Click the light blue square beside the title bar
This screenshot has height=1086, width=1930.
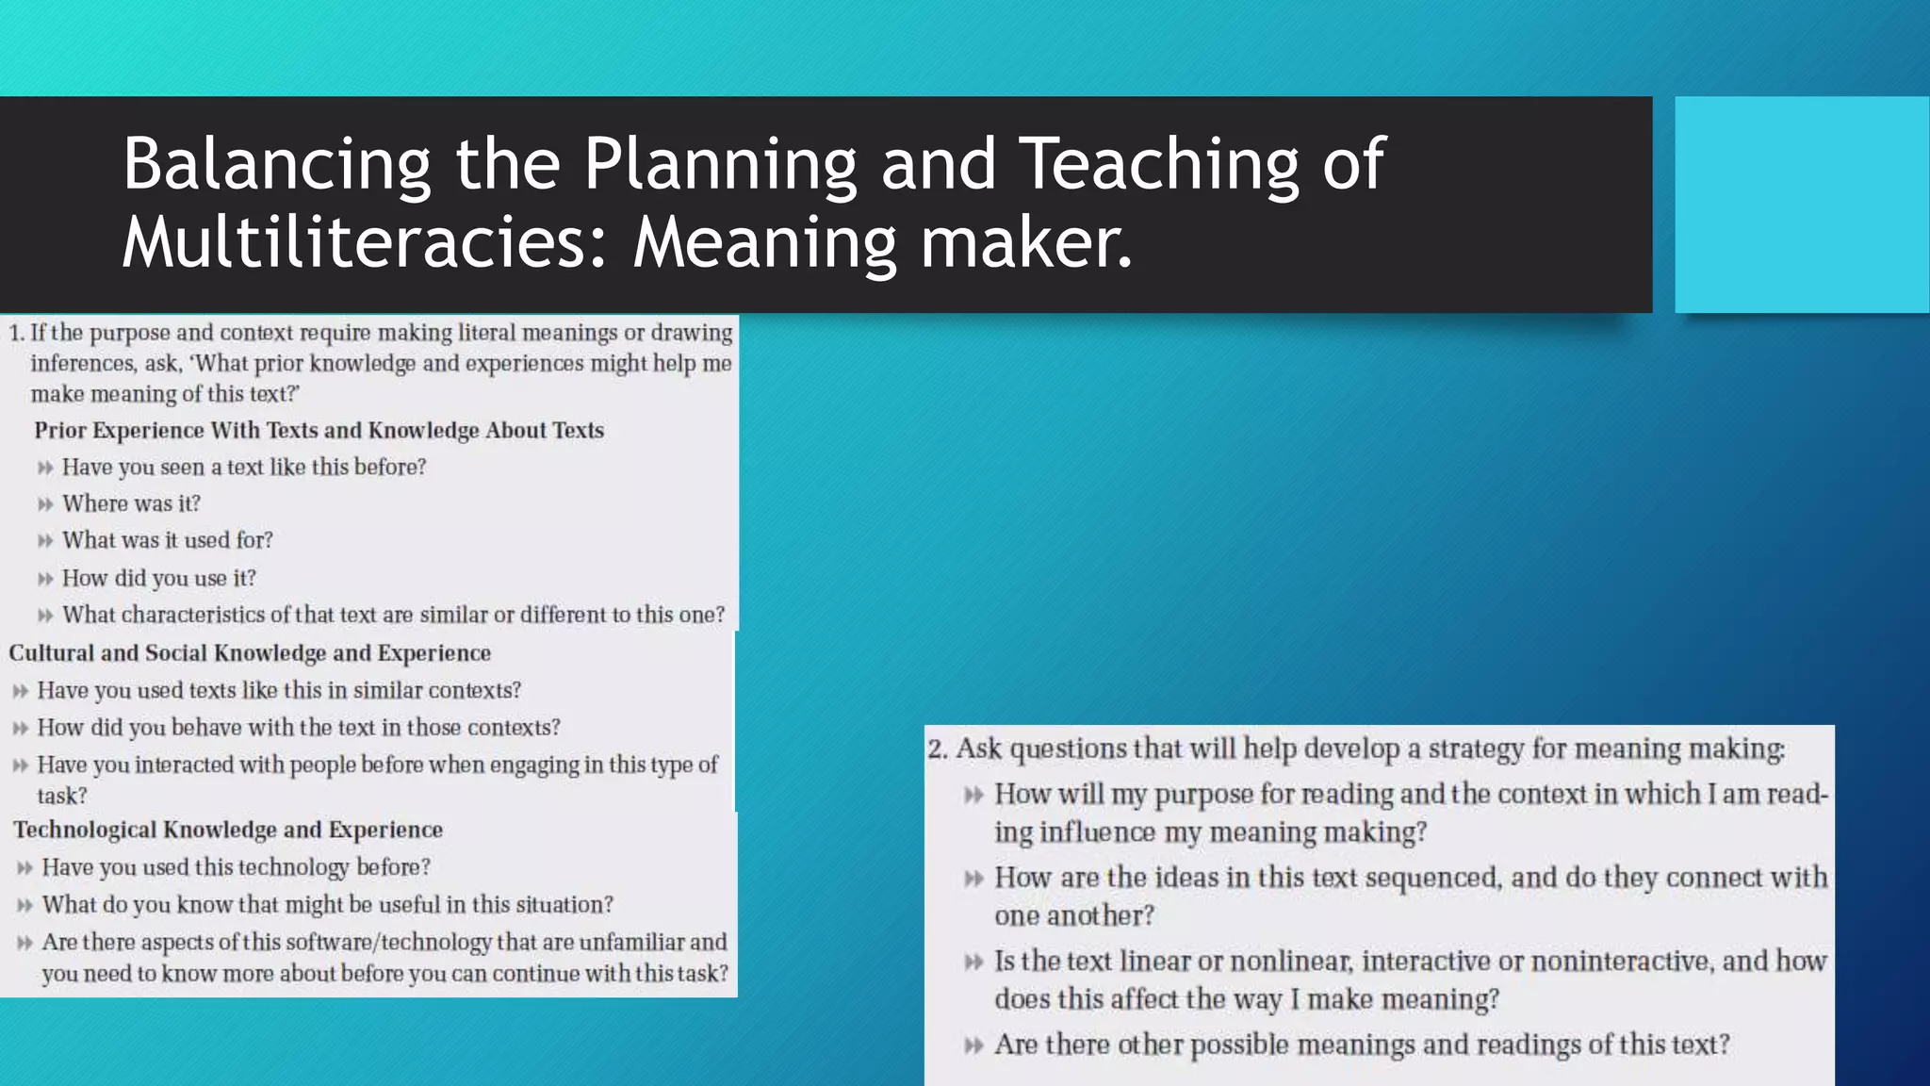1801,205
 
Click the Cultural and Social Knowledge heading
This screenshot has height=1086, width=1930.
250,653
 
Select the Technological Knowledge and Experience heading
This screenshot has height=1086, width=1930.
228,830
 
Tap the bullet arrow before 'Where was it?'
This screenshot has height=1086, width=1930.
45,504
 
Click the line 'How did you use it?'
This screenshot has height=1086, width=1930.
158,578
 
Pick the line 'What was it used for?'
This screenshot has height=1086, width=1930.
167,540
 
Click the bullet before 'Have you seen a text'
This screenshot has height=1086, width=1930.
45,468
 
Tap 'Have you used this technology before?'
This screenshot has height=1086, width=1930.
236,867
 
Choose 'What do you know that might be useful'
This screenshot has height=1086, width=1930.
327,905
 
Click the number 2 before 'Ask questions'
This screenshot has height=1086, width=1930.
936,749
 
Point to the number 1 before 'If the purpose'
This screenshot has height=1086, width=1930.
15,333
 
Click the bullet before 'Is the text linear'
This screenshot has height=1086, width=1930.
973,963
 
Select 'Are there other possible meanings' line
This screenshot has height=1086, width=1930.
1362,1045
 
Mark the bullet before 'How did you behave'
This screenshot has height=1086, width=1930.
21,729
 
